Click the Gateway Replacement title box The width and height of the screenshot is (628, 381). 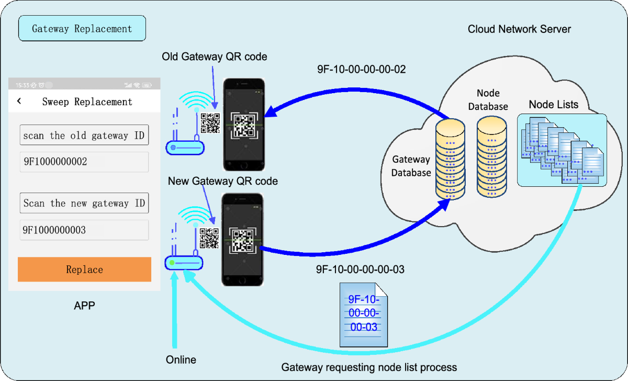pos(82,29)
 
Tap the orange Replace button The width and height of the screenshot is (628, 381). pos(84,270)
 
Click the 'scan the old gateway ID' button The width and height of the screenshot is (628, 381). pos(84,135)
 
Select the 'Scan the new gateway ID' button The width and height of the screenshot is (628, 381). pos(84,203)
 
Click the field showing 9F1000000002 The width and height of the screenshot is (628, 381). pos(84,162)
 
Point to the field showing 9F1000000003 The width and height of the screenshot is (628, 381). pos(84,230)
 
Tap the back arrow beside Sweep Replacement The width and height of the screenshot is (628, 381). pos(19,101)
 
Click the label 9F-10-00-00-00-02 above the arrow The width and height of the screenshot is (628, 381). pos(361,69)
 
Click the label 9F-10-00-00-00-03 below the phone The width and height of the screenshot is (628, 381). pos(360,270)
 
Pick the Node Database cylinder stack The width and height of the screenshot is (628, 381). pos(492,157)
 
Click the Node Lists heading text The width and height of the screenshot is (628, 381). pos(553,105)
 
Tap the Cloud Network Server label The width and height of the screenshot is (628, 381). pos(519,29)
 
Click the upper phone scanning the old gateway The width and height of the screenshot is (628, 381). pos(244,124)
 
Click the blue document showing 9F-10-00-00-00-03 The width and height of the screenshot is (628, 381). pos(364,314)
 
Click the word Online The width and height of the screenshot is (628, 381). pos(181,360)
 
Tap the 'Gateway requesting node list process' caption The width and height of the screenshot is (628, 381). pos(369,367)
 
